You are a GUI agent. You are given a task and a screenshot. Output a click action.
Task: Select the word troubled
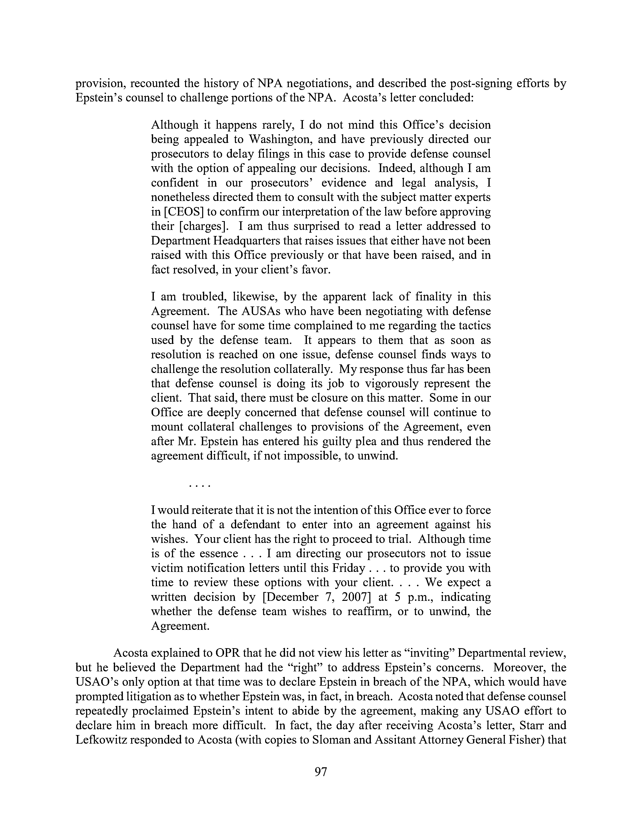pyautogui.click(x=202, y=297)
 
